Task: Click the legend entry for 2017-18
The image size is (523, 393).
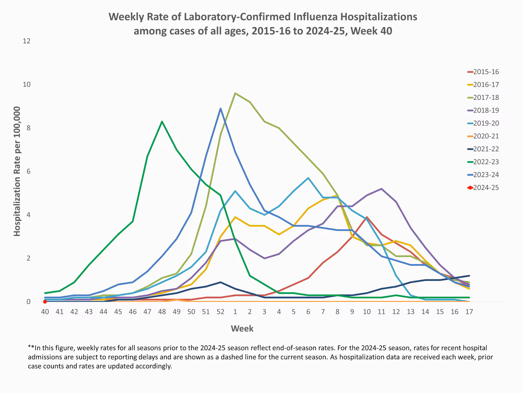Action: (486, 97)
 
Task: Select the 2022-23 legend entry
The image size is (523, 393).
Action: (486, 162)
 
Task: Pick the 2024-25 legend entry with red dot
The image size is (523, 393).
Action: (486, 188)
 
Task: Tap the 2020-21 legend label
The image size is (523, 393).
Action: (486, 136)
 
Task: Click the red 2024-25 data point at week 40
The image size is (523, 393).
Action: (45, 302)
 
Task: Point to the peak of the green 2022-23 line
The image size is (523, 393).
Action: (162, 121)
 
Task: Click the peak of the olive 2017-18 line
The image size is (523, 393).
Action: (235, 93)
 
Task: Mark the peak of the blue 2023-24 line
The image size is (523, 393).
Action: (220, 108)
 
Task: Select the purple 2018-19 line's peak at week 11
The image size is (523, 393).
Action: (381, 189)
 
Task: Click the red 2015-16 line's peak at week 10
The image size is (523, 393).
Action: (367, 217)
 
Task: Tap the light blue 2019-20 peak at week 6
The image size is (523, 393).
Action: (308, 178)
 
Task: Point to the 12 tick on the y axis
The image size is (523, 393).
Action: (27, 41)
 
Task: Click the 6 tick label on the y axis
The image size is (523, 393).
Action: (28, 171)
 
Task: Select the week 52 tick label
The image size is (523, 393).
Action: (220, 312)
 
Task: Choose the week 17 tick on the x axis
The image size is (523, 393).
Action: (469, 312)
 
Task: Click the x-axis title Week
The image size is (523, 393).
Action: (242, 329)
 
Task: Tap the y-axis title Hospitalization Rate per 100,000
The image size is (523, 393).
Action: (17, 171)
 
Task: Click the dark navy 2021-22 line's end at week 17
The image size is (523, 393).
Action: (469, 276)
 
